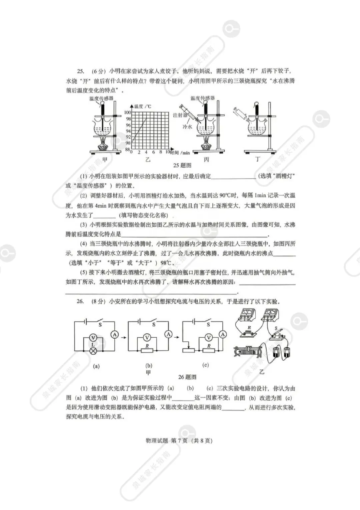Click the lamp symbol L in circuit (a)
[x=94, y=350]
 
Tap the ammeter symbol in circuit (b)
[x=168, y=334]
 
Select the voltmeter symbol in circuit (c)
[x=209, y=337]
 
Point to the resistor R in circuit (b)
[x=147, y=351]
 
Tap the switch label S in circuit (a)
[x=100, y=324]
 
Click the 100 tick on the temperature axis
[x=128, y=113]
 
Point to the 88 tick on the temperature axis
[x=127, y=150]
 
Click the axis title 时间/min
[x=180, y=153]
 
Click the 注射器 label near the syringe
[x=180, y=115]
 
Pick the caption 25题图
[x=182, y=165]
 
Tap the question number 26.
[x=80, y=301]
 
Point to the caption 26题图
[x=187, y=377]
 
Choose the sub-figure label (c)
[x=206, y=365]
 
